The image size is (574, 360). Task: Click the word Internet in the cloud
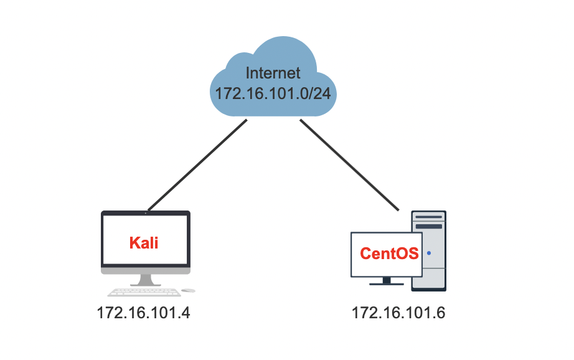click(x=273, y=72)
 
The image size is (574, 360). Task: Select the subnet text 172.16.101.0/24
click(x=273, y=93)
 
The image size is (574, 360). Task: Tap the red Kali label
click(x=144, y=243)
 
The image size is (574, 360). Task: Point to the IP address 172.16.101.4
click(x=143, y=313)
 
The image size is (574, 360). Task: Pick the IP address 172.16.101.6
click(x=398, y=313)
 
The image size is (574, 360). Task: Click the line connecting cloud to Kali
click(x=197, y=164)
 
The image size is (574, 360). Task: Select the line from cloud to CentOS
click(x=349, y=164)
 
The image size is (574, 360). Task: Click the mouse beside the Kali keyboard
click(x=189, y=290)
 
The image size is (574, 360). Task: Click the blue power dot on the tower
click(x=429, y=253)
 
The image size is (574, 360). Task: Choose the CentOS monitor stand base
click(x=386, y=283)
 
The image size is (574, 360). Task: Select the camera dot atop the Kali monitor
click(x=146, y=213)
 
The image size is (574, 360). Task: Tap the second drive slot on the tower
click(x=429, y=226)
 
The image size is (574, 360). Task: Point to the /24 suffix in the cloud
click(x=322, y=93)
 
